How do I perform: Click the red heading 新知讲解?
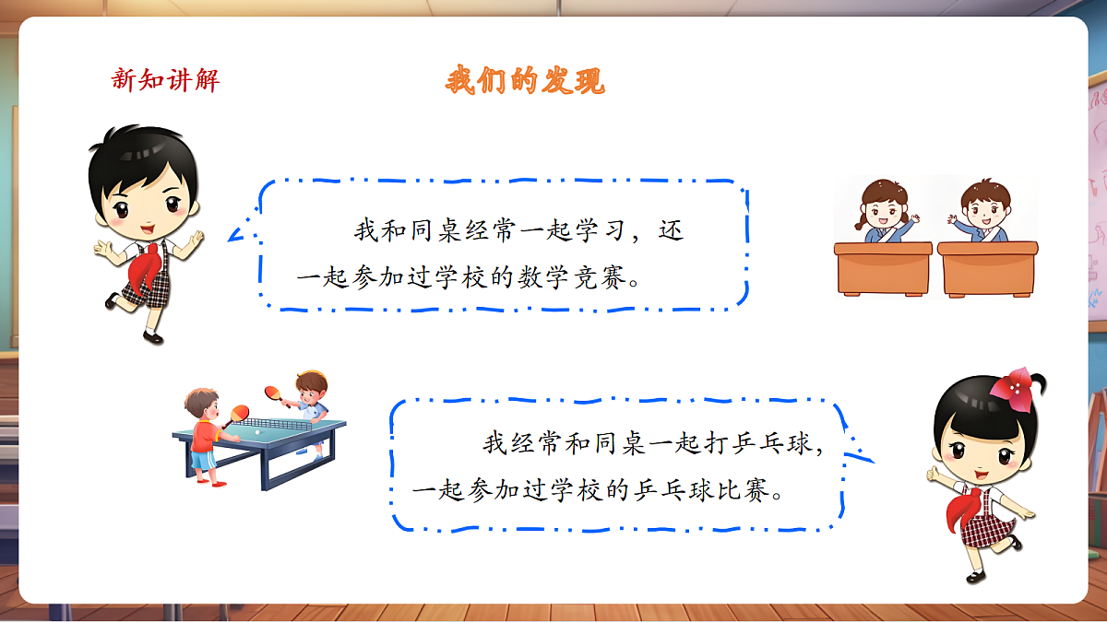click(165, 80)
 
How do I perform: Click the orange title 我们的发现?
click(525, 81)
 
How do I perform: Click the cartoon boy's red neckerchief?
click(145, 268)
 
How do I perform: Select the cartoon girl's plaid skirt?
click(984, 530)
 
